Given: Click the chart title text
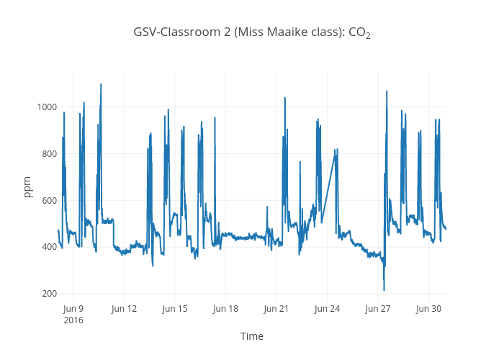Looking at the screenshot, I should (252, 32).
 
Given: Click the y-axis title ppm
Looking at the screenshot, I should (28, 186).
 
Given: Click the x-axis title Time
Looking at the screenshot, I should (251, 336).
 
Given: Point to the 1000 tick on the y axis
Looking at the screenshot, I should (46, 107).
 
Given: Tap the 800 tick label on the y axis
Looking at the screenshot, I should (48, 154).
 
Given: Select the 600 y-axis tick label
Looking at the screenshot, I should (48, 200).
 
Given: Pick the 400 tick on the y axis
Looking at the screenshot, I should (48, 247).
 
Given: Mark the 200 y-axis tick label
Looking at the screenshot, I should (48, 294).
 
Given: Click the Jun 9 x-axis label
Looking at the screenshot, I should (73, 308).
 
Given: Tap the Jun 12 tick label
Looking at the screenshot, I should (124, 308).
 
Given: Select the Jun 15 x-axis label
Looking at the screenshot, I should (175, 308).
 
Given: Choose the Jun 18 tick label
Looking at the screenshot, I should (225, 308).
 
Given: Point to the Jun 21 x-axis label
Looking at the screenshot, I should (276, 308).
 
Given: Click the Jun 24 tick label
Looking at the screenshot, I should (327, 308).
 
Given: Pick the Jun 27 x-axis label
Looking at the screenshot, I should (378, 308).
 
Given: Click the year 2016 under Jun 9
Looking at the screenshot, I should (73, 320).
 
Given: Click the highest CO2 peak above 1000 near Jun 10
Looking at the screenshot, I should (101, 84).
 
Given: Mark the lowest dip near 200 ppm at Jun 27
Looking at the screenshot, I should (384, 290).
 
